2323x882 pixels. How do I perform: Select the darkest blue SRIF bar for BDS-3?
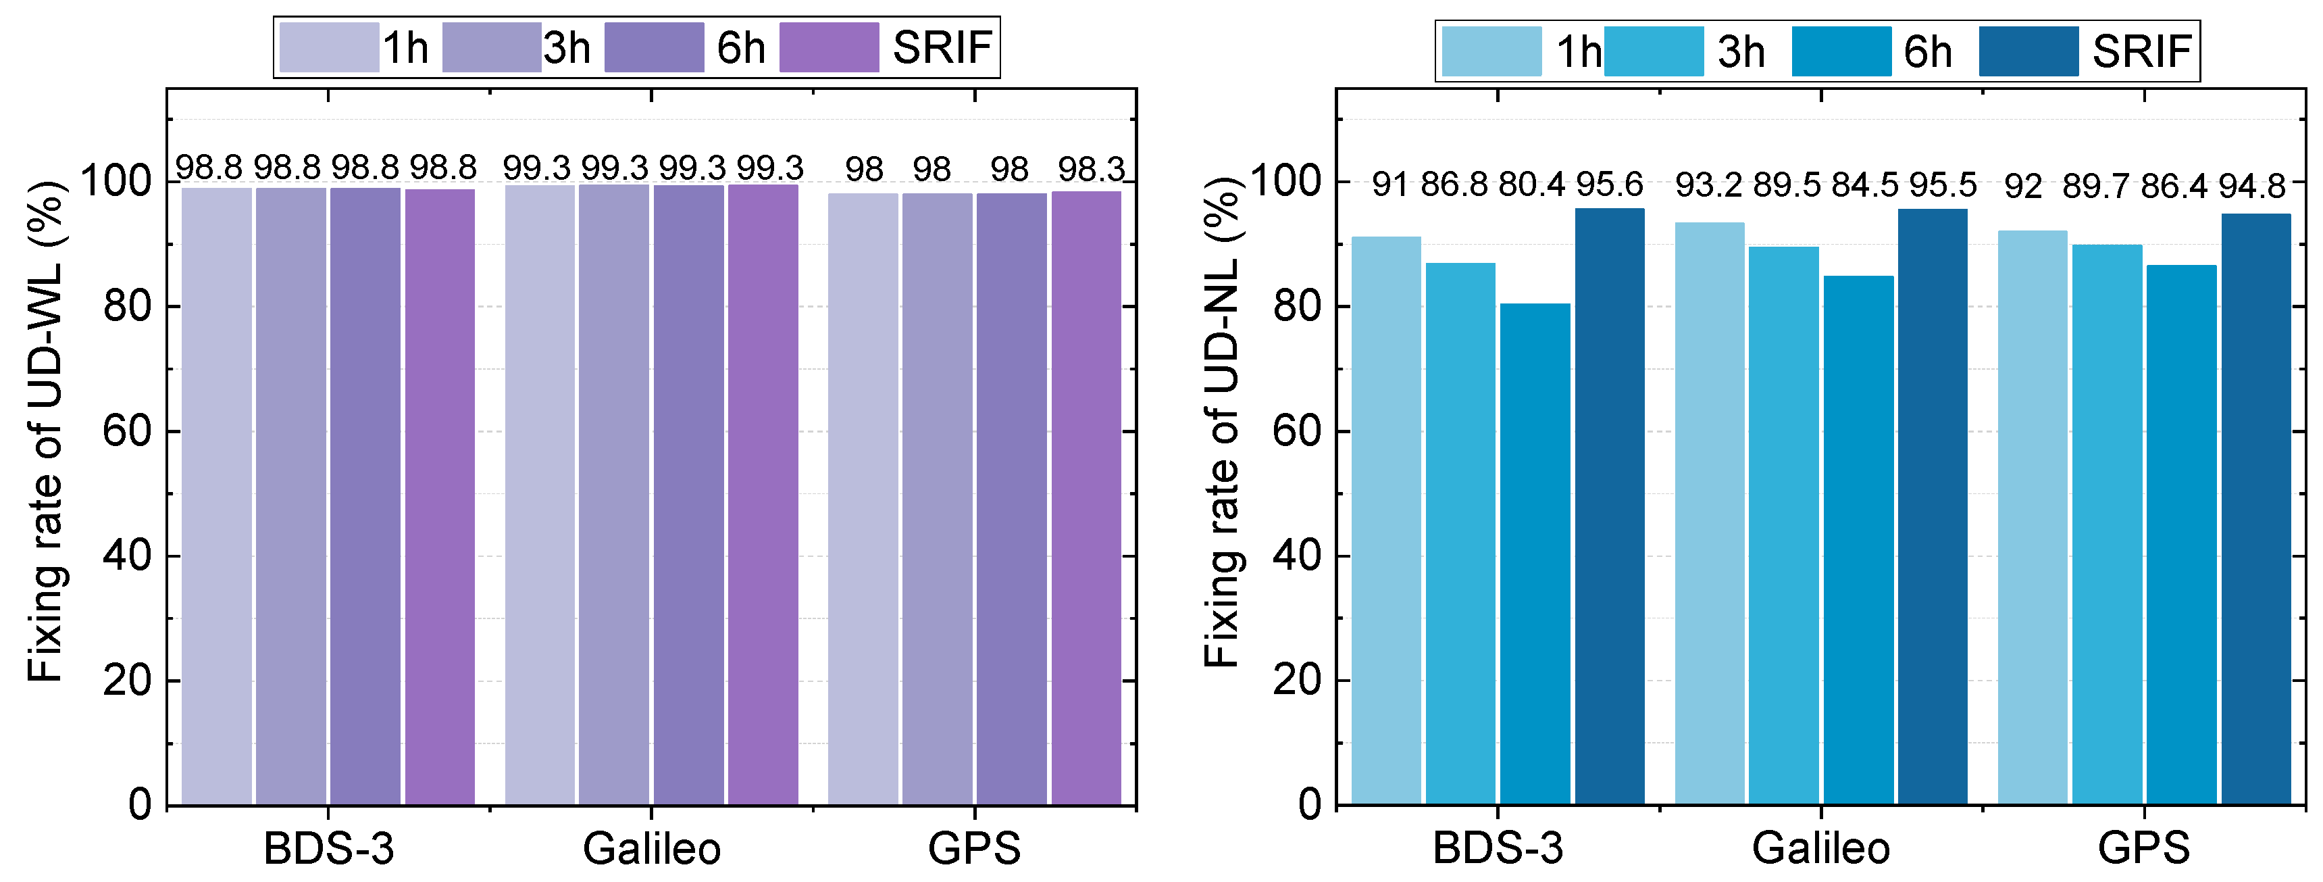coord(1610,505)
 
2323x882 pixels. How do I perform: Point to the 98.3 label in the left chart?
coord(1091,169)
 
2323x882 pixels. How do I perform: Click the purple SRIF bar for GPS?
coord(1086,496)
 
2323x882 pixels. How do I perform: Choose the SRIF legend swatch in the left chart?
coord(829,47)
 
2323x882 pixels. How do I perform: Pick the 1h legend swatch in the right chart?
coord(1491,51)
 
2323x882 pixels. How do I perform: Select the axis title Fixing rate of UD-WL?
coord(45,431)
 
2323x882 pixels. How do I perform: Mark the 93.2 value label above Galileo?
coord(1708,186)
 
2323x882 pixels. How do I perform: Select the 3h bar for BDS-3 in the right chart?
coord(1460,532)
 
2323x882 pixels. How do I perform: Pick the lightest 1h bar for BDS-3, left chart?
coord(216,496)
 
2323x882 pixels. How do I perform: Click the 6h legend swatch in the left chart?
coord(654,47)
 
